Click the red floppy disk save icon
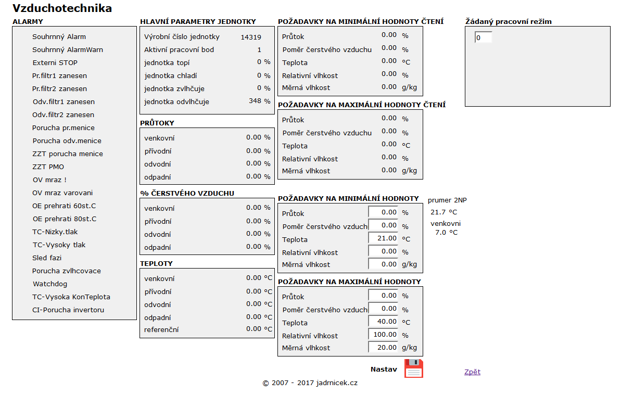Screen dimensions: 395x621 [x=413, y=368]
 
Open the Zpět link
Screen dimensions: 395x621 [x=472, y=372]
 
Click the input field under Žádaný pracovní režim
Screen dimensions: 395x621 [x=483, y=37]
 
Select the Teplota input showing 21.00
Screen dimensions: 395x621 [x=383, y=238]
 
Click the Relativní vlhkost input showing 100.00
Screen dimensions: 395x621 [x=383, y=335]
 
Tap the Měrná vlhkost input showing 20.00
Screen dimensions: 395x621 [x=383, y=347]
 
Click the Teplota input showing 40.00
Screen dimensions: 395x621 [x=383, y=322]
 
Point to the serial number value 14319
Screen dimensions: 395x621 [x=251, y=37]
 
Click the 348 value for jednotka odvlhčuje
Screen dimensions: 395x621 [x=255, y=101]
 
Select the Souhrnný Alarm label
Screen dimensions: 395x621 [x=59, y=37]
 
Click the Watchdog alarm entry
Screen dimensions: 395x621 [x=50, y=284]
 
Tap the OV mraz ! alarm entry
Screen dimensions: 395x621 [x=49, y=180]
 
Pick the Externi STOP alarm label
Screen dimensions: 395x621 [x=55, y=63]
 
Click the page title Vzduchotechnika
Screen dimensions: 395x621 [x=62, y=8]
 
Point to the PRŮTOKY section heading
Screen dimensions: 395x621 [x=157, y=123]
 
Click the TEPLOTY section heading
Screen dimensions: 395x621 [x=156, y=264]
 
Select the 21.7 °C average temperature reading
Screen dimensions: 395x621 [x=443, y=212]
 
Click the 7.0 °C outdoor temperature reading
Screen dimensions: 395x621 [x=446, y=233]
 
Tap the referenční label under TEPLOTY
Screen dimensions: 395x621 [x=161, y=329]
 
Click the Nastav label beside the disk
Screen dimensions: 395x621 [x=384, y=369]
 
